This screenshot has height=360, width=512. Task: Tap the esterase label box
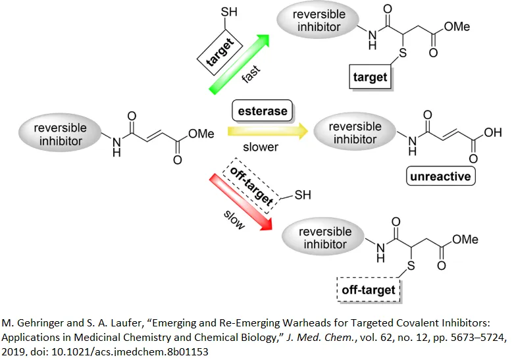tap(261, 111)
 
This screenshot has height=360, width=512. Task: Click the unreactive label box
tap(440, 176)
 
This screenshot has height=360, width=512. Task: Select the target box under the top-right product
tap(370, 77)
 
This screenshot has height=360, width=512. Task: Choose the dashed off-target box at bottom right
tap(369, 290)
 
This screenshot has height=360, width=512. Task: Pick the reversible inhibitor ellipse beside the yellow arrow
tap(355, 134)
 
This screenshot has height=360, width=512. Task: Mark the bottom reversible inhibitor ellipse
tap(324, 238)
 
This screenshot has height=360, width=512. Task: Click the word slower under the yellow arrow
tap(261, 147)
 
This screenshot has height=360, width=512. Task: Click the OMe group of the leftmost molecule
tap(201, 134)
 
